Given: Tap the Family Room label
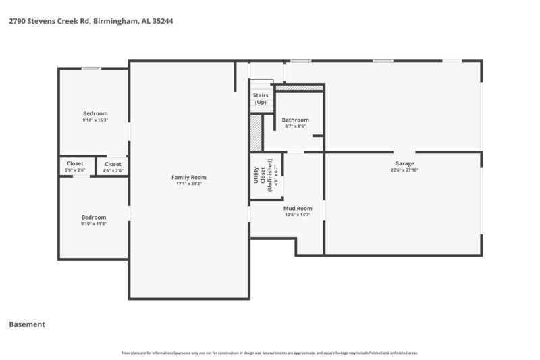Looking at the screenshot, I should click(189, 177).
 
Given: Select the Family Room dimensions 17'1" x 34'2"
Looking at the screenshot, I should click(189, 184).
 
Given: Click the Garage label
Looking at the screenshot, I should click(404, 163).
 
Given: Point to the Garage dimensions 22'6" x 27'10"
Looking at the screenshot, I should click(404, 170).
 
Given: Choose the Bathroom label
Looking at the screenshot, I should click(295, 120).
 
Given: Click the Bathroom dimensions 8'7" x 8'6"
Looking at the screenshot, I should click(295, 126).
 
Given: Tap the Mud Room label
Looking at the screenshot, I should click(297, 208).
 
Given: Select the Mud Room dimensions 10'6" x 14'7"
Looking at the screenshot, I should click(297, 215).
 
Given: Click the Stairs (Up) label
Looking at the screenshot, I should click(261, 99).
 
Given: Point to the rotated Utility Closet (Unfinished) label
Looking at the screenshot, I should click(263, 176).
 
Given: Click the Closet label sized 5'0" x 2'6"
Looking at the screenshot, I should click(75, 163).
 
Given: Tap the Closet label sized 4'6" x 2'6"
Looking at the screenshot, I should click(113, 163).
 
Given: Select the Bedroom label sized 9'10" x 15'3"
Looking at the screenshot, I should click(95, 113).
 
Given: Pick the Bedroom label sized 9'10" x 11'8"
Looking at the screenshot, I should click(94, 217).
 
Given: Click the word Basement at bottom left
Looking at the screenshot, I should click(27, 324).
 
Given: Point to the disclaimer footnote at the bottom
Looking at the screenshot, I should click(270, 353).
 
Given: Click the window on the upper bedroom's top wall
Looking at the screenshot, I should click(91, 68).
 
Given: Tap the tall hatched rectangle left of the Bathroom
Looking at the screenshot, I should click(256, 133).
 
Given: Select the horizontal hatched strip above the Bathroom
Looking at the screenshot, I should click(299, 88).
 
